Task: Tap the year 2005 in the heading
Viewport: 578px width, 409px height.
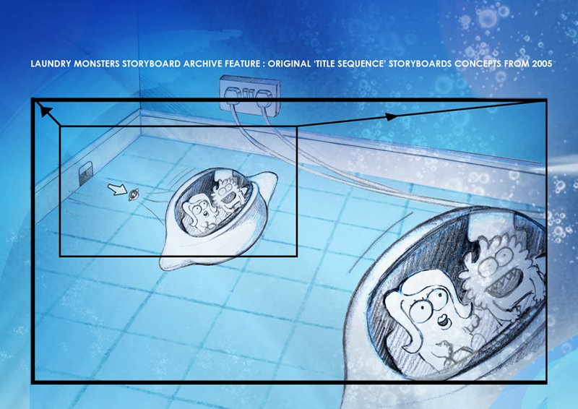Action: tap(542, 64)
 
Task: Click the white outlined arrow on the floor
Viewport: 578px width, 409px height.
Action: tap(117, 189)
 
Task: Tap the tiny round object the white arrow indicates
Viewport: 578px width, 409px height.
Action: tap(133, 194)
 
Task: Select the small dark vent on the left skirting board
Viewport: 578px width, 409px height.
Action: tap(85, 173)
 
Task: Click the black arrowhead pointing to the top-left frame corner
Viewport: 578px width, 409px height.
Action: tap(45, 111)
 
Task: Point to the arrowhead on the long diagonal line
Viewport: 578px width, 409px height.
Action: tap(391, 116)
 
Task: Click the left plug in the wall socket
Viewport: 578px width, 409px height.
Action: tap(233, 96)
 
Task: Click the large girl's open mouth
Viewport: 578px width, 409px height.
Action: tap(443, 322)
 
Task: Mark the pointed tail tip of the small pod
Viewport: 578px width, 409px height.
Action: tap(163, 264)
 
